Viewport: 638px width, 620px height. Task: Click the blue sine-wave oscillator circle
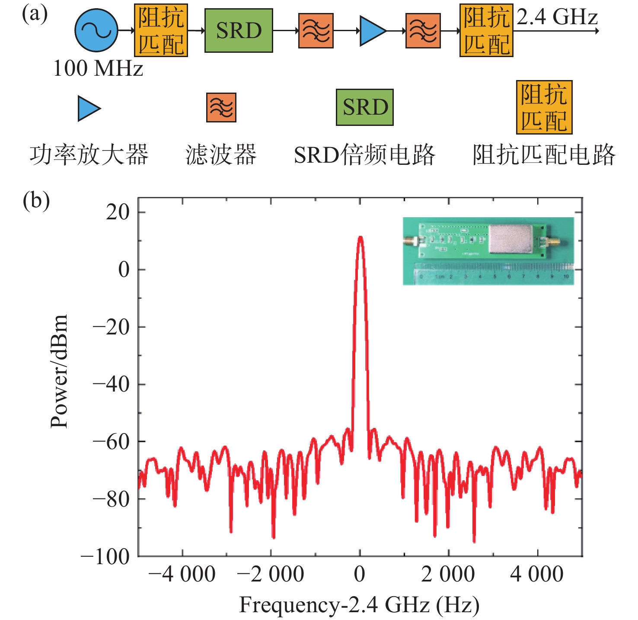(x=96, y=30)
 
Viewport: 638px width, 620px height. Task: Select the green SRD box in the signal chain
(x=239, y=31)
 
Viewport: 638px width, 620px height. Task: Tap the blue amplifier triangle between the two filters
(x=371, y=31)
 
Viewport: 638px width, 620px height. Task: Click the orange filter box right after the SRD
(x=316, y=31)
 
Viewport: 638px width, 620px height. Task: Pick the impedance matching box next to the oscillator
(x=161, y=31)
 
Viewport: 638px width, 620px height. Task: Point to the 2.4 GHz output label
(x=557, y=17)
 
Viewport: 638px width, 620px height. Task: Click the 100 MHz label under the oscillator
(x=98, y=68)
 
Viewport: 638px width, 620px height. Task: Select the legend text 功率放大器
(x=89, y=155)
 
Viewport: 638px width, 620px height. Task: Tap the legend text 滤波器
(x=221, y=155)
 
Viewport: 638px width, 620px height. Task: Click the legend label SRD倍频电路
(x=364, y=155)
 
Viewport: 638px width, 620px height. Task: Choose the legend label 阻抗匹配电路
(x=543, y=155)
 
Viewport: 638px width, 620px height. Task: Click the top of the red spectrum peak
(x=360, y=238)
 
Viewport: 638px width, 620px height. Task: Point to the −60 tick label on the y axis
(x=111, y=442)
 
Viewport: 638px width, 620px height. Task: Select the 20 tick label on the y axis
(x=118, y=212)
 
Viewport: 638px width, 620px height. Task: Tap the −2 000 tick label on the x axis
(x=271, y=575)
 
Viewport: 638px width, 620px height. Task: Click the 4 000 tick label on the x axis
(x=537, y=575)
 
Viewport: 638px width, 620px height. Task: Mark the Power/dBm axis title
(x=59, y=371)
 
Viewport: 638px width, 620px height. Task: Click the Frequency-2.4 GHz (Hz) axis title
(x=359, y=604)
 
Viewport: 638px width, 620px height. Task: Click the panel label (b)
(x=36, y=200)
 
